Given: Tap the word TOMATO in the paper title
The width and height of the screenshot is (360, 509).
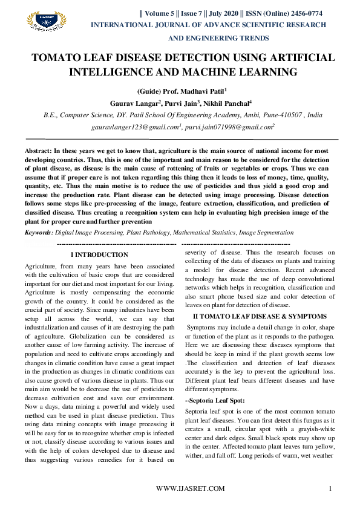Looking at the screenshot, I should (x=59, y=58).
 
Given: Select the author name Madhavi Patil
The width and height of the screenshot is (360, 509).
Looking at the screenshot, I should (x=197, y=91).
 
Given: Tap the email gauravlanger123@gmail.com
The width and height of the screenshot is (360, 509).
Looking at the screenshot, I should (x=136, y=128).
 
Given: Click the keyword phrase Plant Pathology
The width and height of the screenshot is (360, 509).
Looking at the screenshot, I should (x=146, y=232).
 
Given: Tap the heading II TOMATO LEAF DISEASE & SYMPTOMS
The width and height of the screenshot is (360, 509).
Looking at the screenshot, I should (x=260, y=316).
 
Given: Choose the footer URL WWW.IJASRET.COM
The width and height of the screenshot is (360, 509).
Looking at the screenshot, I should (x=190, y=488).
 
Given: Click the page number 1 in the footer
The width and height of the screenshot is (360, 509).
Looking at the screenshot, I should (x=330, y=488).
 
